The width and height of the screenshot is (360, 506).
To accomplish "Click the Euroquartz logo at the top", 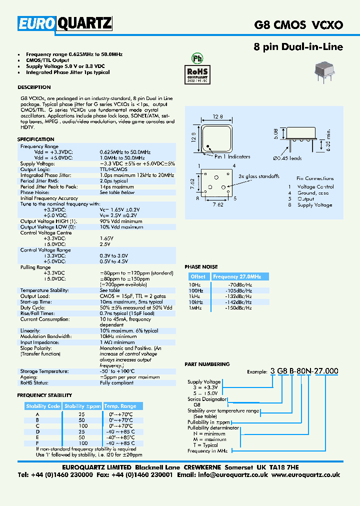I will click(65, 23).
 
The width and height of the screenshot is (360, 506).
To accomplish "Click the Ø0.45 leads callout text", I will click(287, 158).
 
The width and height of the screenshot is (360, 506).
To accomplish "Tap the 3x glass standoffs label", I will click(259, 176).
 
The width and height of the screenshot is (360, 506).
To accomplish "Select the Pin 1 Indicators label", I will click(232, 156).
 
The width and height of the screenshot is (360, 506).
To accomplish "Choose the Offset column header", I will click(198, 276).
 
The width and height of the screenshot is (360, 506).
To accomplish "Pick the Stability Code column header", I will click(43, 406).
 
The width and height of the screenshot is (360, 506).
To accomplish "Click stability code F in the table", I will click(37, 443).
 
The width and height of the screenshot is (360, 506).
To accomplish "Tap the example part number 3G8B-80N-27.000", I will click(304, 371).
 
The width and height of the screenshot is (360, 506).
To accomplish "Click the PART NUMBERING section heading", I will click(207, 364).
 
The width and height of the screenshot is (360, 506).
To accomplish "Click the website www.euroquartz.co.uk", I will click(306, 474).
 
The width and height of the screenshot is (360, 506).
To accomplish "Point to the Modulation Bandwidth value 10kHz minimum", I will click(118, 336).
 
